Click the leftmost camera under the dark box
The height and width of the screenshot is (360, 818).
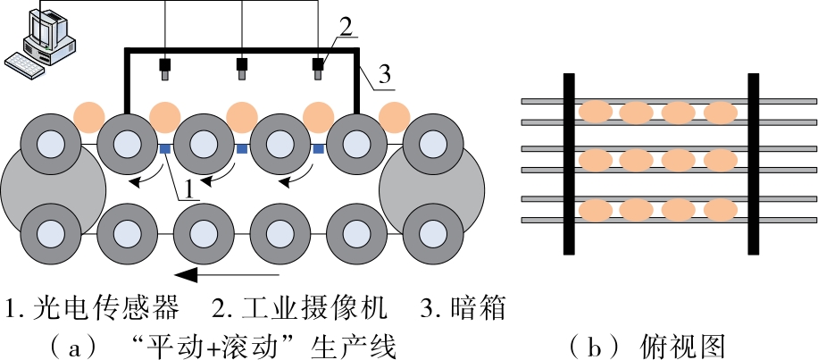coord(165,68)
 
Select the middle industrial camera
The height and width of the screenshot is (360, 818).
coord(241,68)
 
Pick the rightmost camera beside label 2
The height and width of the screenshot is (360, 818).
coord(318,68)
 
